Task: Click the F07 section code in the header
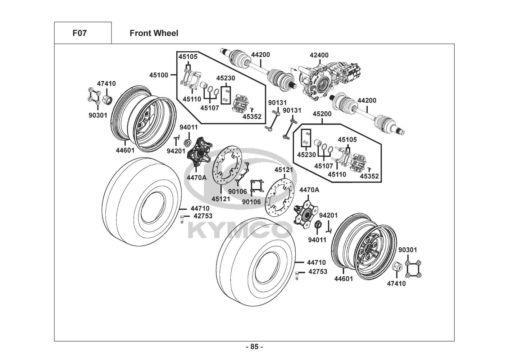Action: point(79,33)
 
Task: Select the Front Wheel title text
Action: point(154,33)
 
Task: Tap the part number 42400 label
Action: point(319,55)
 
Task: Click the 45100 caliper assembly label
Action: point(159,75)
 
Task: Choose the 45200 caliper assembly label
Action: point(322,113)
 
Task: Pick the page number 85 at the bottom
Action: point(254,347)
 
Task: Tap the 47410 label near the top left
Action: point(106,84)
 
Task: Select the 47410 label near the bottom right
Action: point(396,283)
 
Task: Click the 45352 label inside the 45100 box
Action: point(252,116)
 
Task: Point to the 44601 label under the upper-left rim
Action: point(125,150)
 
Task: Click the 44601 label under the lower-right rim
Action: point(344,278)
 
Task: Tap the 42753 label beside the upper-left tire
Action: point(203,216)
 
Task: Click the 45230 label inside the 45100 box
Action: point(226,78)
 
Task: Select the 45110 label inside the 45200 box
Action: point(337,174)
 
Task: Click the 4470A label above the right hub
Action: point(309,190)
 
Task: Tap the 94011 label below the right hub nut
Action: point(317,239)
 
